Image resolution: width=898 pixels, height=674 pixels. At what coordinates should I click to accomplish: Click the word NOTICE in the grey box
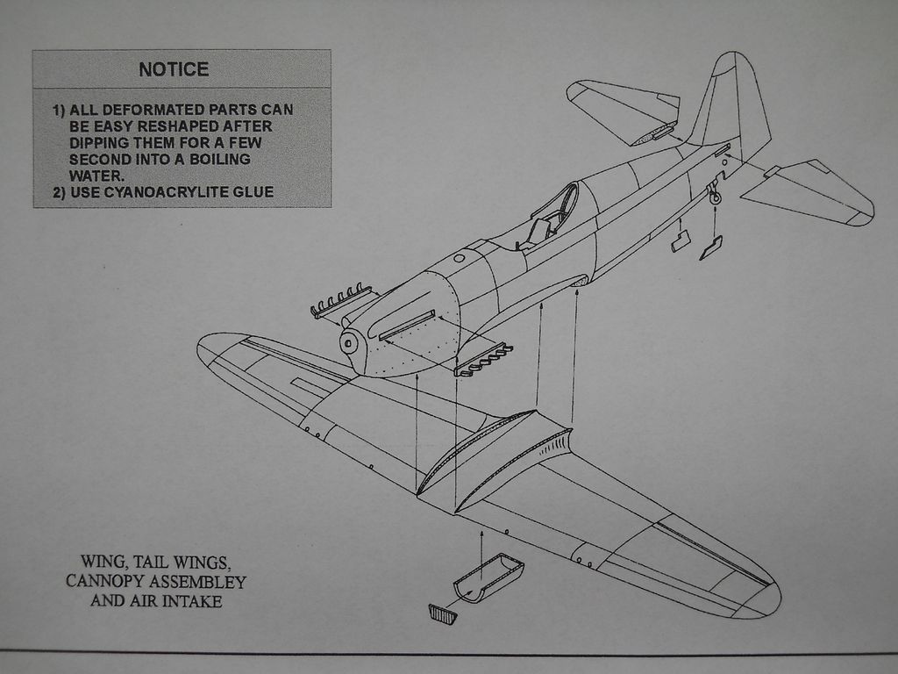(174, 69)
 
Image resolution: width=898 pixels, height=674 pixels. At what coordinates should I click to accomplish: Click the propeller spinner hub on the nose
(350, 343)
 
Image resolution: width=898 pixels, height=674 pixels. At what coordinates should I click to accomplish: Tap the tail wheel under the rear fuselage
(715, 198)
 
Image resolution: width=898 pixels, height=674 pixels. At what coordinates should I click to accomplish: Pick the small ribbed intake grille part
(442, 613)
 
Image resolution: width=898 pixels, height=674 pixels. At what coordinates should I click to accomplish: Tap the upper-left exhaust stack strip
(341, 300)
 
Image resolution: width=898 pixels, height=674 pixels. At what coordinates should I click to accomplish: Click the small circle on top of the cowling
(459, 258)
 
